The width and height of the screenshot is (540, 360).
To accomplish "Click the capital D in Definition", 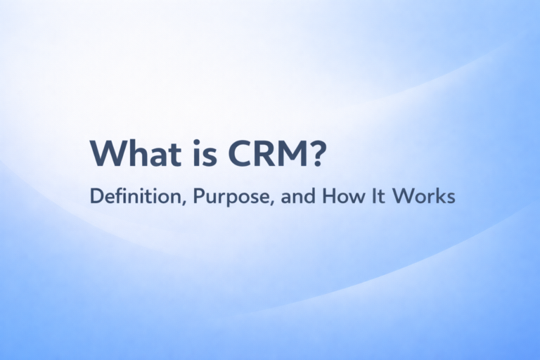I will [x=96, y=198].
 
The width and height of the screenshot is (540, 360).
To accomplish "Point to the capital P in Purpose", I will [x=188, y=198].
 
